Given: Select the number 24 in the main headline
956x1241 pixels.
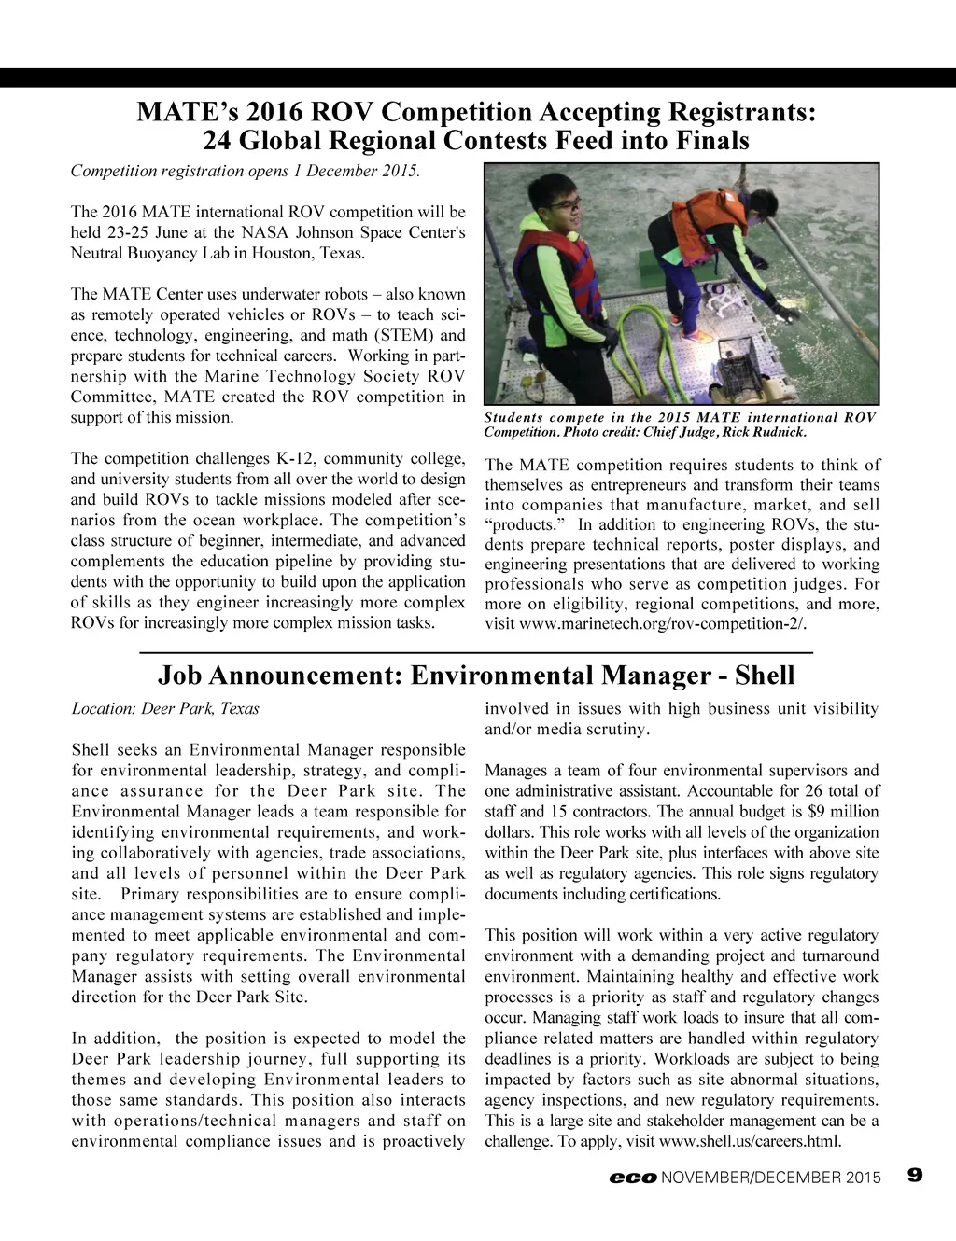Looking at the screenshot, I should (x=218, y=142).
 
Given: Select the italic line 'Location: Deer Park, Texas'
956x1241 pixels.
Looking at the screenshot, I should (x=165, y=709).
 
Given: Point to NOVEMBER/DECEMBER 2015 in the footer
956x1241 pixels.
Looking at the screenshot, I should (x=771, y=1178).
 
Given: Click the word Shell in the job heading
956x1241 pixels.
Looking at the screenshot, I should (x=765, y=676).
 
